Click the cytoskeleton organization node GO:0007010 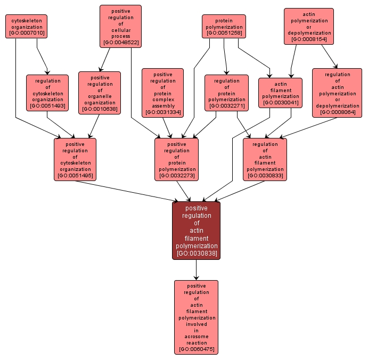point(26,27)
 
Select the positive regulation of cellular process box point(120,26)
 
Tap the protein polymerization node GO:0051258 point(224,27)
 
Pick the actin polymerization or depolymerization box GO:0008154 point(309,26)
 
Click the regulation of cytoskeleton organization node point(47,93)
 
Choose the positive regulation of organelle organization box point(100,93)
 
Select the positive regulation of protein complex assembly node point(162,93)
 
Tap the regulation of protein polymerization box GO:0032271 point(226,93)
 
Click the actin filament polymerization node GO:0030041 point(280,93)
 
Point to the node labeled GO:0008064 point(337,93)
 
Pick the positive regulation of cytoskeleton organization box point(75,159)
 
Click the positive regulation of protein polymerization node point(177,159)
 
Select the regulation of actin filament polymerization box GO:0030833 point(265,159)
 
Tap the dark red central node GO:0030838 point(196,231)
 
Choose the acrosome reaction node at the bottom point(196,317)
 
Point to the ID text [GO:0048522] point(120,42)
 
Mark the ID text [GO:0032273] point(177,176)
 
